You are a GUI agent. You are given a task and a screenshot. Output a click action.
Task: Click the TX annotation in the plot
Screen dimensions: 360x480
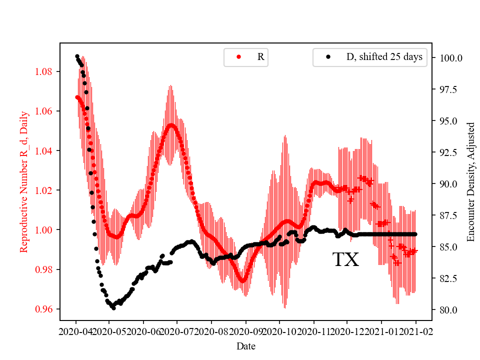pyautogui.click(x=346, y=260)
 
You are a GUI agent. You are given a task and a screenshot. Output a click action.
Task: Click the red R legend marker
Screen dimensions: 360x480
pyautogui.click(x=239, y=57)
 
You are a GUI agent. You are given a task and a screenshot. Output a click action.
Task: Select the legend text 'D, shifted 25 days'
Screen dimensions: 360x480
pyautogui.click(x=384, y=57)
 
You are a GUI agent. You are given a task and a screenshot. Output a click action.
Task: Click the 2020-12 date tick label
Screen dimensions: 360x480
pyautogui.click(x=347, y=331)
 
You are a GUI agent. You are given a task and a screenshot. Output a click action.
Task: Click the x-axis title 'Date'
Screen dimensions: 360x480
pyautogui.click(x=246, y=346)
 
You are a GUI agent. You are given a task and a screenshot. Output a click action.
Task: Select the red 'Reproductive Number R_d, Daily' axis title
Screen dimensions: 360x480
pyautogui.click(x=23, y=181)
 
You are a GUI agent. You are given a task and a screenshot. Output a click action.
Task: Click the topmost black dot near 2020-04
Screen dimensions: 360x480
pyautogui.click(x=77, y=56)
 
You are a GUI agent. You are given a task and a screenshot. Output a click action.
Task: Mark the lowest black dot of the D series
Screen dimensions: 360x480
pyautogui.click(x=113, y=308)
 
